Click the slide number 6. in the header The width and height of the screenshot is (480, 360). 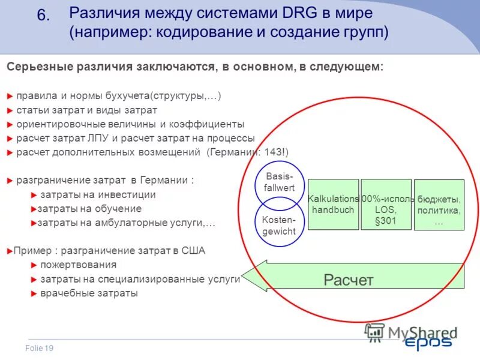[x=43, y=16]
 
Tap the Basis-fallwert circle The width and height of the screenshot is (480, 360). [x=279, y=182]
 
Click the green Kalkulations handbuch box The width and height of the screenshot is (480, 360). [x=333, y=204]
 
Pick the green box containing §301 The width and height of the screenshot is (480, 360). [x=386, y=205]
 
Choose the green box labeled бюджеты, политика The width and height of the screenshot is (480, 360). [x=439, y=205]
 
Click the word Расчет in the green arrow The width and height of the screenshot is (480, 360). [x=348, y=280]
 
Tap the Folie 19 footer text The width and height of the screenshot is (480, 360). [x=40, y=349]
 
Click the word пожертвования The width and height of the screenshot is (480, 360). [x=78, y=265]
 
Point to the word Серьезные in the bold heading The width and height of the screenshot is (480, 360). [x=38, y=67]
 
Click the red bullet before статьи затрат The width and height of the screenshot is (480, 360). [x=9, y=110]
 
